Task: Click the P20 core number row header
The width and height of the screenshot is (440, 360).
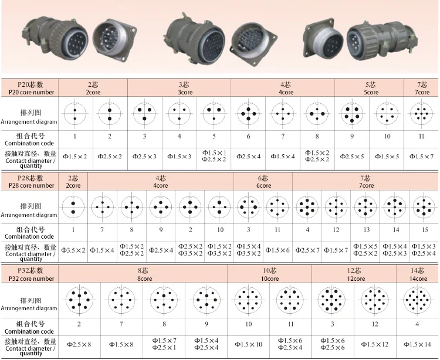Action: click(x=30, y=88)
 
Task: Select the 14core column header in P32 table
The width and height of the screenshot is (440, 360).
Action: click(x=418, y=274)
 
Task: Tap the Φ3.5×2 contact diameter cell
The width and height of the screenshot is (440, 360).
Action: click(x=73, y=250)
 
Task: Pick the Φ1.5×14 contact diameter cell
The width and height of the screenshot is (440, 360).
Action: click(x=417, y=344)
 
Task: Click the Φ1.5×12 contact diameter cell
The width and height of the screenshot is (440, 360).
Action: click(x=375, y=344)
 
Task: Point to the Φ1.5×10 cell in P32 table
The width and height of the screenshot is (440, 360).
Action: click(x=248, y=344)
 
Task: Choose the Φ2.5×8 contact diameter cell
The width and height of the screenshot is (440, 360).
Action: click(x=79, y=344)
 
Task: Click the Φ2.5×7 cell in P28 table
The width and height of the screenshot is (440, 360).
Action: click(x=307, y=250)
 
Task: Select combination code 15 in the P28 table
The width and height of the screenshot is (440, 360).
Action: click(x=425, y=230)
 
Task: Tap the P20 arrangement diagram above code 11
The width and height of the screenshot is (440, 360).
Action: click(x=421, y=114)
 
